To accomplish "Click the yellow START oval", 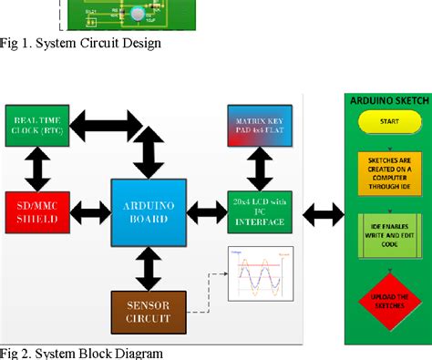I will point(389,122).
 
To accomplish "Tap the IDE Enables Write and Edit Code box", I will point(389,235).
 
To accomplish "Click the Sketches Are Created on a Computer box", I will point(389,171).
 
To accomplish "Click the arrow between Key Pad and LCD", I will point(261,168).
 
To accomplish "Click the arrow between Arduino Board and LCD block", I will point(206,210).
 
